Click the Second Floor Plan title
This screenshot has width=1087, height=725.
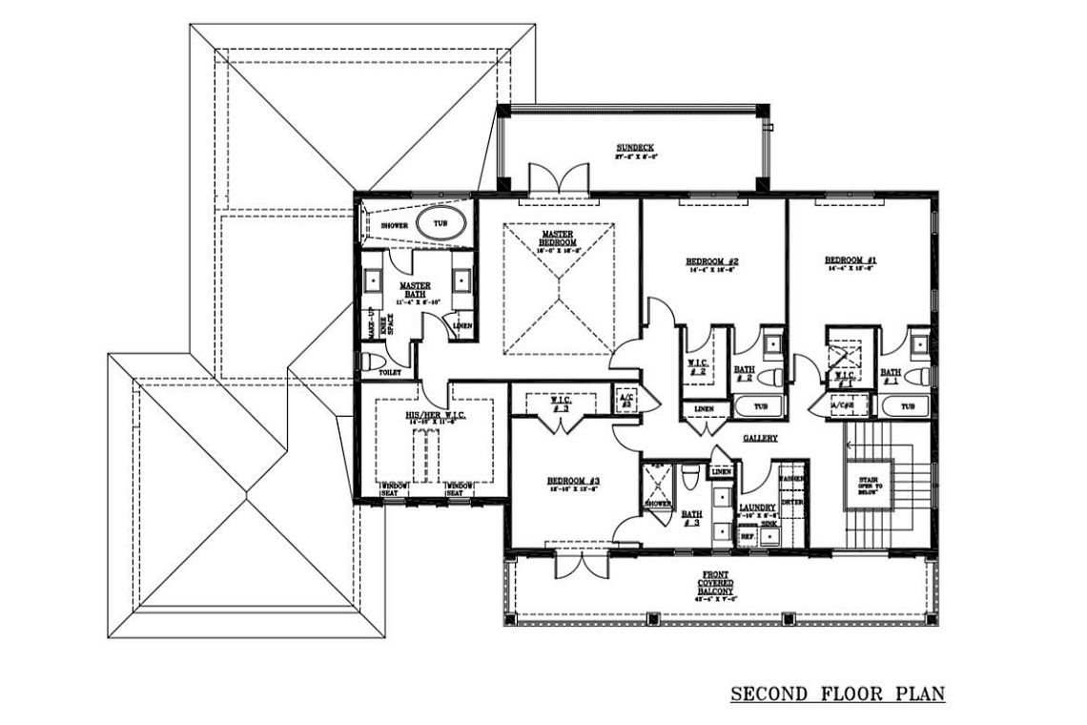[x=837, y=693]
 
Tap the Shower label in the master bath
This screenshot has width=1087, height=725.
[x=395, y=225]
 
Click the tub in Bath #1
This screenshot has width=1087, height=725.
[x=906, y=406]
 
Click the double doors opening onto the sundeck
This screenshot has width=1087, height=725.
[x=554, y=178]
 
